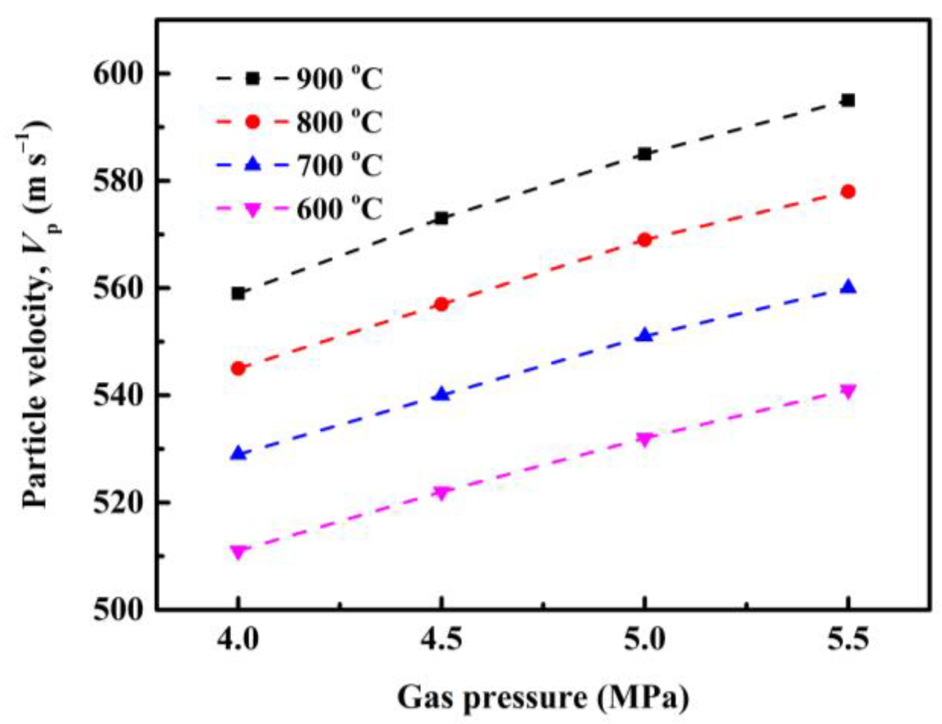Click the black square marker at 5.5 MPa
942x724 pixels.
tap(848, 100)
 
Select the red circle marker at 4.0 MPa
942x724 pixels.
tap(238, 368)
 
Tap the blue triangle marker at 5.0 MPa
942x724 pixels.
tap(644, 335)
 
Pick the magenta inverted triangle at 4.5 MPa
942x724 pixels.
tap(442, 492)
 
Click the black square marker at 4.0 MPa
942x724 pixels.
tap(238, 293)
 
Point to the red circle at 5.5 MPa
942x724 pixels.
tap(848, 191)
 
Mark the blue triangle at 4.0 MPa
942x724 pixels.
tap(238, 454)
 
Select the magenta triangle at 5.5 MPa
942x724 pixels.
tap(848, 391)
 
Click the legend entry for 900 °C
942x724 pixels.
tap(339, 78)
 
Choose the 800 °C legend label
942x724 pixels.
tap(339, 122)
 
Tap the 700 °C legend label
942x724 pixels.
tap(339, 165)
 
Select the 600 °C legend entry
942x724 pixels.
tap(339, 208)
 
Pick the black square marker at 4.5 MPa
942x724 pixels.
tap(442, 218)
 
